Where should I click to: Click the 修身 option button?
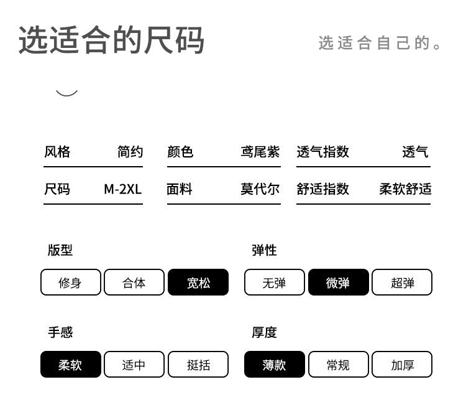click(70, 282)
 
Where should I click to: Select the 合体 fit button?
click(134, 282)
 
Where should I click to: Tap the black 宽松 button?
click(198, 282)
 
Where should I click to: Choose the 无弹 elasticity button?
click(274, 282)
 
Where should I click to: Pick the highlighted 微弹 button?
click(338, 282)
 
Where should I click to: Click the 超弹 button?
click(402, 282)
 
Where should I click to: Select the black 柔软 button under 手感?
click(70, 365)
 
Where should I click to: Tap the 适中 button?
click(134, 365)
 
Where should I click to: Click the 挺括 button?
click(198, 365)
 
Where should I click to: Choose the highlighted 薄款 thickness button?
click(274, 365)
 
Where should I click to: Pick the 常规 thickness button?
click(338, 365)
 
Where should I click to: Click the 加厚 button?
click(402, 365)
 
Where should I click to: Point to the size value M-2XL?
click(123, 189)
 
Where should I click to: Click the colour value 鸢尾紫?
click(260, 152)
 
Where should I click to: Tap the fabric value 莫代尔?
click(260, 189)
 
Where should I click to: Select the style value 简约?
click(130, 152)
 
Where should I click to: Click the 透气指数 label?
click(323, 152)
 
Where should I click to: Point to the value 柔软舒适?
click(405, 189)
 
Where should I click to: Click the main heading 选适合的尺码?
click(112, 40)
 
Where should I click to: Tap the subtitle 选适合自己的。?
click(380, 43)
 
